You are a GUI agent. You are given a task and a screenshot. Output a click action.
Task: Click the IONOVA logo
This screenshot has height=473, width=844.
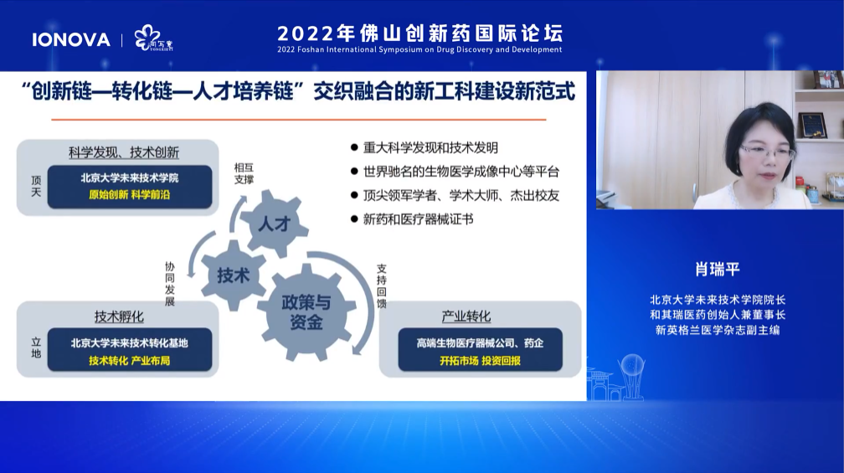pos(71,40)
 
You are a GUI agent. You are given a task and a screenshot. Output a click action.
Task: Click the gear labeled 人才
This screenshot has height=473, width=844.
pos(274,224)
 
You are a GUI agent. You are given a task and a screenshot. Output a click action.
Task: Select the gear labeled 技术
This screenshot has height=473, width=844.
pos(234,275)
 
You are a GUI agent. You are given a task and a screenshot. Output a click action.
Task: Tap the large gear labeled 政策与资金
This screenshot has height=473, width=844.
pos(306,311)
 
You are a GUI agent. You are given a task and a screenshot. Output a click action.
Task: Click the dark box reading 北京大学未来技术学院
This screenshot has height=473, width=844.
pos(130,186)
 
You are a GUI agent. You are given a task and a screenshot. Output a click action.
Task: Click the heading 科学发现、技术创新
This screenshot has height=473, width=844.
pos(124,152)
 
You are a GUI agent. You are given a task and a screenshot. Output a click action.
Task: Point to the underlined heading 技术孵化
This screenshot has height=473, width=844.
pos(119,316)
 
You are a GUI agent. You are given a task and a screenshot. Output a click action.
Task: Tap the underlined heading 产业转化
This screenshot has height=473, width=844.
pos(466,316)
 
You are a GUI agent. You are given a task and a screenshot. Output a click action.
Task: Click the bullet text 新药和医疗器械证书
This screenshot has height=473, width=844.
pos(419,219)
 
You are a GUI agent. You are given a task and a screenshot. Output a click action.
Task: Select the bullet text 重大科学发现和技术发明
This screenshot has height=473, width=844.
pos(430,147)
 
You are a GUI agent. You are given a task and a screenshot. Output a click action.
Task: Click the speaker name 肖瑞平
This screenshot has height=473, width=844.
pos(718,269)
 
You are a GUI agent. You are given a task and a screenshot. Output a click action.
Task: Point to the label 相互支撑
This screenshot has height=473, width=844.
pos(244,174)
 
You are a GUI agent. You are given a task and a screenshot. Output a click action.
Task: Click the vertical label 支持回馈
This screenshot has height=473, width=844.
pos(381,286)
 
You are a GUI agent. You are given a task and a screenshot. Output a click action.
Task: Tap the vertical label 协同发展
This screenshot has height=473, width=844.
pos(169,284)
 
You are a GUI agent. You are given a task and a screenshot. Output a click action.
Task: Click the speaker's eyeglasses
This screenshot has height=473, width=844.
pos(766,152)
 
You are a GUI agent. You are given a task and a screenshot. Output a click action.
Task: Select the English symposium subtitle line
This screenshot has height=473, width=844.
pos(419,49)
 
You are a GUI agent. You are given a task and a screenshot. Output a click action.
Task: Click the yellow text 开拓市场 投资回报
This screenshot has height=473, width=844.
pos(480,361)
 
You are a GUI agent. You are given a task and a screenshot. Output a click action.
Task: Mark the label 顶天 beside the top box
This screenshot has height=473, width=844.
pos(36,186)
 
